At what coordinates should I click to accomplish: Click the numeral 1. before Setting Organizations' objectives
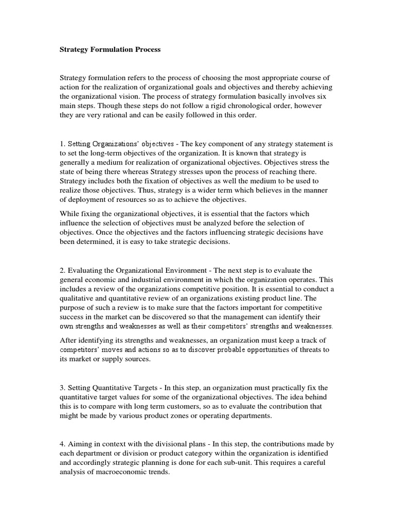pos(63,144)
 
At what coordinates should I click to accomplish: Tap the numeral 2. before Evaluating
pos(63,270)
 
